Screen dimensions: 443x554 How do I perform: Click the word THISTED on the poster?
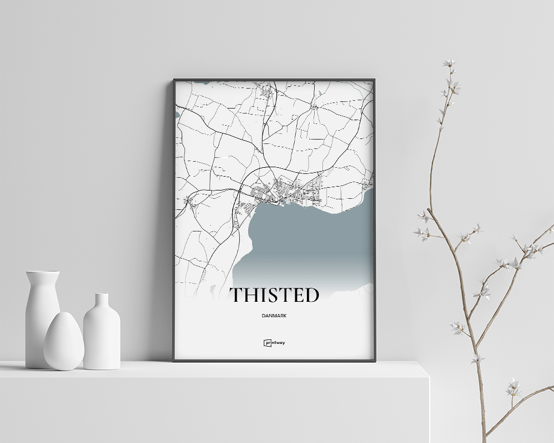coord(274,295)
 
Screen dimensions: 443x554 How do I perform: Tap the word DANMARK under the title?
coord(274,317)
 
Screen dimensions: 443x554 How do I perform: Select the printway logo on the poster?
coord(274,342)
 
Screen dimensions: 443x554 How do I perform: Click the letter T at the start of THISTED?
coord(237,295)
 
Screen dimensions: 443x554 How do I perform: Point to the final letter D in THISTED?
coord(311,295)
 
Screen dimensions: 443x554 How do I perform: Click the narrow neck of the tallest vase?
coord(43,277)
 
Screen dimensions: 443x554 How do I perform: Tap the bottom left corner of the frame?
coord(174,360)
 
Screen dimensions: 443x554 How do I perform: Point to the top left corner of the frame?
coord(174,80)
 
